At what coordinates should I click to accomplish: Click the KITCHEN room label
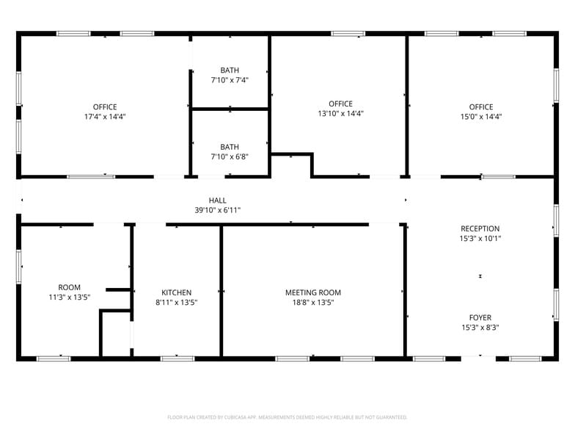tap(177, 292)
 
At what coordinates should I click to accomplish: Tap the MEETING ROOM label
tap(313, 292)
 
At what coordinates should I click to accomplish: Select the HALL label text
tap(218, 201)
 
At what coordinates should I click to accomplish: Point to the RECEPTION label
tap(480, 228)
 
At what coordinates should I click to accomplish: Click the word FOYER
tap(480, 318)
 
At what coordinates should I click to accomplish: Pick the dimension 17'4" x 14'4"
tap(105, 117)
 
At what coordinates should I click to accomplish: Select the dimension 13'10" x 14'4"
tap(341, 114)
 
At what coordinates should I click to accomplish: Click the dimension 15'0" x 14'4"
tap(481, 117)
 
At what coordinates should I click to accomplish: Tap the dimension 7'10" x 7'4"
tap(230, 80)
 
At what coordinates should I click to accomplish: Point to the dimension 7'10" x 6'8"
tap(230, 156)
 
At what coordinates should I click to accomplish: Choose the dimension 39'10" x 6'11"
tap(218, 210)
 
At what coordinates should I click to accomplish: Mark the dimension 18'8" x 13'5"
tap(313, 302)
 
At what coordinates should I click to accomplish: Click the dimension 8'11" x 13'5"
tap(177, 302)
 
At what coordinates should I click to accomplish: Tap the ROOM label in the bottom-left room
tap(70, 287)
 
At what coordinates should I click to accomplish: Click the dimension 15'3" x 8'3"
tap(480, 328)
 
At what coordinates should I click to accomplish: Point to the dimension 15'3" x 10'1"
tap(480, 239)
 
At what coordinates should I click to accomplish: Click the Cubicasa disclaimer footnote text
tap(287, 417)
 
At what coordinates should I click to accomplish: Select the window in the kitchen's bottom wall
tap(177, 359)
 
